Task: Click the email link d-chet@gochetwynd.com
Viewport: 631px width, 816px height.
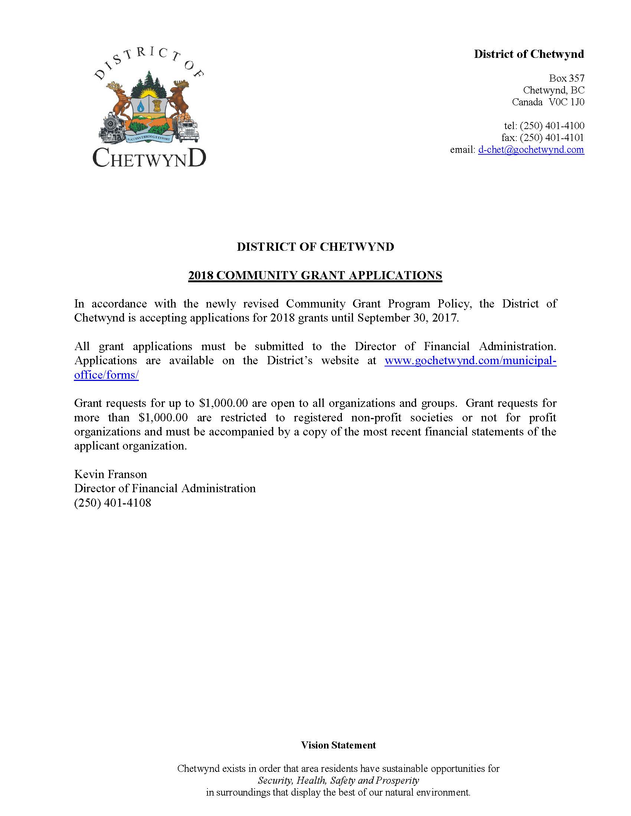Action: point(531,150)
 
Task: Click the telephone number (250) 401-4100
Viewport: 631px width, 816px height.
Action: point(552,125)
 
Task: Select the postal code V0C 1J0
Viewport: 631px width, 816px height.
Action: point(566,102)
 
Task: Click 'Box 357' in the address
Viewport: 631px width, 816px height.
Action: point(566,78)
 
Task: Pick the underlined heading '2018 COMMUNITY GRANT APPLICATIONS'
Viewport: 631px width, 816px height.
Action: point(315,275)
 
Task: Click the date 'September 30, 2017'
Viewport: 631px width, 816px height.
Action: point(407,318)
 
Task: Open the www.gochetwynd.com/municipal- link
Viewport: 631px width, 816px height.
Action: point(470,361)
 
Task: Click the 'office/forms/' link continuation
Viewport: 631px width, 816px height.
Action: point(107,375)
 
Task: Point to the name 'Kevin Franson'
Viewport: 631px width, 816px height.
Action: point(111,474)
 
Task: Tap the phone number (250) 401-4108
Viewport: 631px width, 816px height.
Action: point(112,503)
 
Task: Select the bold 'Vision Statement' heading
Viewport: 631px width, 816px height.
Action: point(338,745)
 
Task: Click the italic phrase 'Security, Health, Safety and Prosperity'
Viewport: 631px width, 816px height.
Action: point(338,780)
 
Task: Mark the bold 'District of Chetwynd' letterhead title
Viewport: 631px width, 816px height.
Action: point(529,54)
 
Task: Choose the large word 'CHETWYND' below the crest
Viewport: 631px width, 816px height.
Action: point(149,158)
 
